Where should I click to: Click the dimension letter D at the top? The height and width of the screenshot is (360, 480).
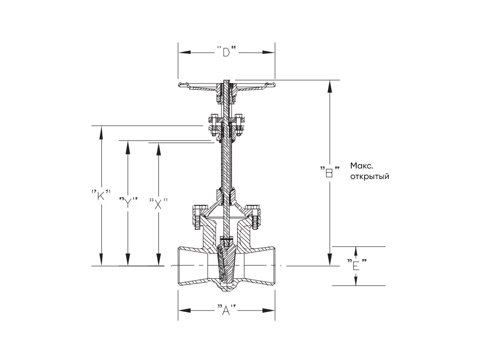(227, 52)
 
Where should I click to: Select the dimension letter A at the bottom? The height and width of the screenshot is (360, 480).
(226, 311)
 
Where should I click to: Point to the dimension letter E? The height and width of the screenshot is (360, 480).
(356, 266)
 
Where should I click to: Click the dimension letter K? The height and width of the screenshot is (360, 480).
(101, 196)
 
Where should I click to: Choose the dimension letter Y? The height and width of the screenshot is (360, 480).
(128, 203)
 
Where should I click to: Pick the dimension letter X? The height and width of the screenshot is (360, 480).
(158, 204)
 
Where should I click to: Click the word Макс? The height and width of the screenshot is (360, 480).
(361, 166)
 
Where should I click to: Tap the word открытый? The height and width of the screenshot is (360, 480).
(370, 177)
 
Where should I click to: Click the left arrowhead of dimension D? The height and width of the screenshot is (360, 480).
(185, 52)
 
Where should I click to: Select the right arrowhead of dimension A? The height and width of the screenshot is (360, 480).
(269, 311)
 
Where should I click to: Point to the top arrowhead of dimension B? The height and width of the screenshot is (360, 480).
(329, 86)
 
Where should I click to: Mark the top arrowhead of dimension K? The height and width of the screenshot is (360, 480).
(101, 132)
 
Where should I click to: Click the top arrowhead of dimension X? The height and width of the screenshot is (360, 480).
(158, 149)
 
